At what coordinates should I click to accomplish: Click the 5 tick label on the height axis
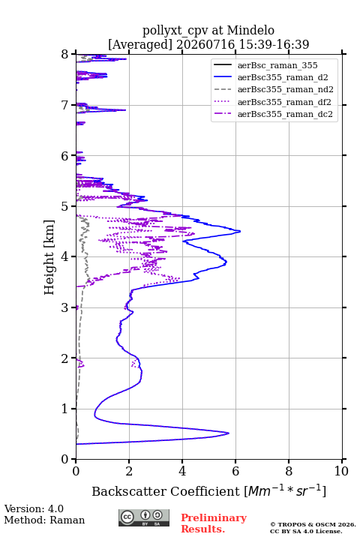65,206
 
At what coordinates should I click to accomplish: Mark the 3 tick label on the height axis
65,307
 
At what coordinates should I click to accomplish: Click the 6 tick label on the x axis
235,471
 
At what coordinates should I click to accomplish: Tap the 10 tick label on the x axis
341,471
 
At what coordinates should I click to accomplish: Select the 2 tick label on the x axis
129,471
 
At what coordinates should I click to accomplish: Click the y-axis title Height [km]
49,257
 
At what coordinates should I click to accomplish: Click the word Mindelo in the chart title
250,30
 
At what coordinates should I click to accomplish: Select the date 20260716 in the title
205,44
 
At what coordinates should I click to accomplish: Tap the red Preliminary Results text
214,523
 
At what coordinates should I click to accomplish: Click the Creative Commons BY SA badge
144,517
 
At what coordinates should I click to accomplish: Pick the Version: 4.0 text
34,508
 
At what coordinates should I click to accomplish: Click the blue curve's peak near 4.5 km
240,232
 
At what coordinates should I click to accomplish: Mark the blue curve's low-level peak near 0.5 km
229,433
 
